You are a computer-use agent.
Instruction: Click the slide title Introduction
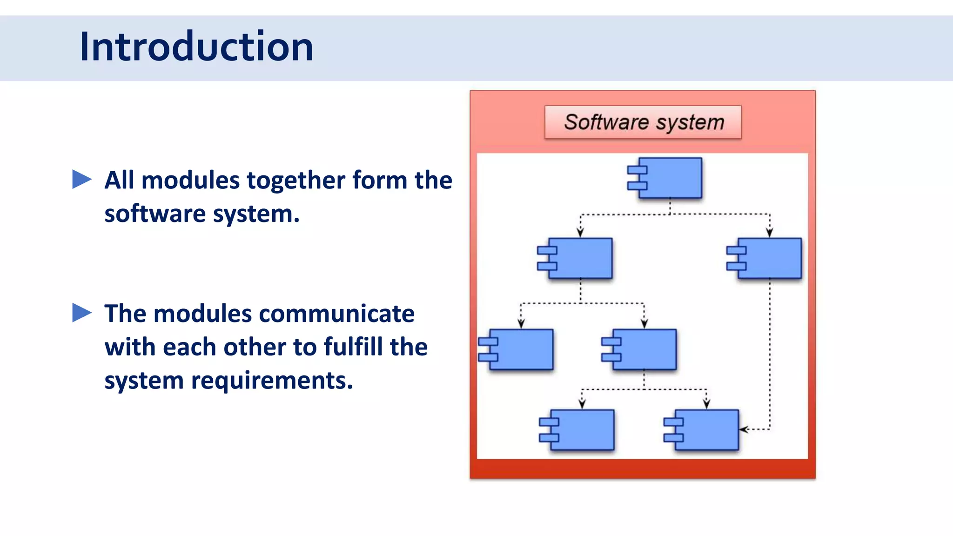pyautogui.click(x=196, y=47)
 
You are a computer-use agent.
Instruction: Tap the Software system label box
pyautogui.click(x=643, y=122)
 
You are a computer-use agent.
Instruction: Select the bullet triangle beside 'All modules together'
pyautogui.click(x=82, y=180)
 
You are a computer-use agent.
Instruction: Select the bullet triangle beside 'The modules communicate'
pyautogui.click(x=82, y=313)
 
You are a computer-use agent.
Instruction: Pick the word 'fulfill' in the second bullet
pyautogui.click(x=352, y=347)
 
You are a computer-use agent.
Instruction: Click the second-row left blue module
pyautogui.click(x=580, y=258)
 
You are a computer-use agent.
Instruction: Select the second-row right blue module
pyautogui.click(x=769, y=258)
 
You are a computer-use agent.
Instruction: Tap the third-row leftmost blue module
pyautogui.click(x=521, y=349)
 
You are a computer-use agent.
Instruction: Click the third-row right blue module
pyautogui.click(x=644, y=349)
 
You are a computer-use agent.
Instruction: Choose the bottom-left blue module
pyautogui.click(x=582, y=430)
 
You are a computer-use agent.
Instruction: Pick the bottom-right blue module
pyautogui.click(x=706, y=430)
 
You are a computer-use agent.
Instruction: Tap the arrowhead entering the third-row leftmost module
pyautogui.click(x=521, y=324)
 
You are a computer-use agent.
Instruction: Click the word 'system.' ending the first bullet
pyautogui.click(x=256, y=214)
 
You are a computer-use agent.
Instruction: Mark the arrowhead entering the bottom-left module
pyautogui.click(x=582, y=404)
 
